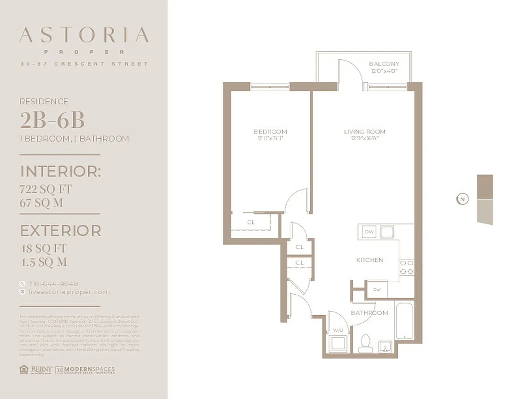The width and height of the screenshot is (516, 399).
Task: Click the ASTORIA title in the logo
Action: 84,35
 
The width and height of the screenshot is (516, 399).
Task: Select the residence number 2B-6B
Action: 52,120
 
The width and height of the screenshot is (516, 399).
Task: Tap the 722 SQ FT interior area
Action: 46,190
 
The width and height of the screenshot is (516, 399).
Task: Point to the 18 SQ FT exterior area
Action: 43,248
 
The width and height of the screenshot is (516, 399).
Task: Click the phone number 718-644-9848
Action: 49,284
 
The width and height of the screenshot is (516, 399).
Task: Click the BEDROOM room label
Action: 270,132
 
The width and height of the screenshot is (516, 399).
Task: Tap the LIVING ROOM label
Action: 364,132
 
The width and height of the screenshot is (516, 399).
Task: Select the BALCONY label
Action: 384,64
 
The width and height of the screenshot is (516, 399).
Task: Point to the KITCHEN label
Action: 369,260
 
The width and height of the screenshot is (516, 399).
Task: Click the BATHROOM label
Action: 369,313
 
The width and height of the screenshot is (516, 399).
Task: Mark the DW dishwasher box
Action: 369,232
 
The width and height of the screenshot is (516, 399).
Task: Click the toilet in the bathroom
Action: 363,343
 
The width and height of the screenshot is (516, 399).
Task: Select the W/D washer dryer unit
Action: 337,341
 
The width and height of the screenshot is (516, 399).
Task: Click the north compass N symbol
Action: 462,199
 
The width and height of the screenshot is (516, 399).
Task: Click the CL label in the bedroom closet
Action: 251,222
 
